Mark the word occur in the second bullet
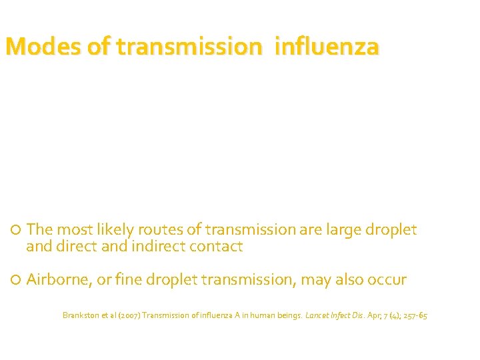(385, 280)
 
